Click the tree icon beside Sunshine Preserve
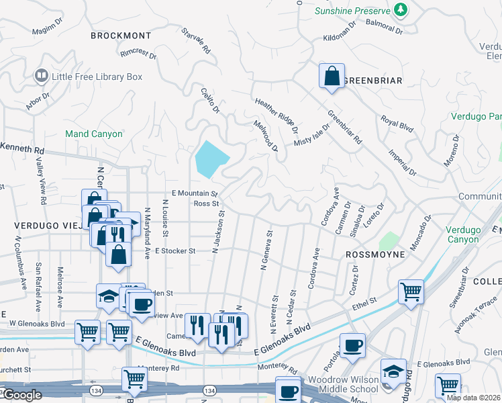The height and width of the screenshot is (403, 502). pyautogui.click(x=401, y=9)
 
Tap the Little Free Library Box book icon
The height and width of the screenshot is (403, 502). pyautogui.click(x=42, y=77)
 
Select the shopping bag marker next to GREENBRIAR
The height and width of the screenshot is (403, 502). pyautogui.click(x=332, y=77)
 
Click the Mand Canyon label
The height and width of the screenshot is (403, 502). pyautogui.click(x=94, y=134)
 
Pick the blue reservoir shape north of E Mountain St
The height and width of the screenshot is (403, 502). pyautogui.click(x=211, y=159)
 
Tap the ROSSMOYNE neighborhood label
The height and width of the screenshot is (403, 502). pyautogui.click(x=375, y=255)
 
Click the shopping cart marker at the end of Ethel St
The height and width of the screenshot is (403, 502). pyautogui.click(x=411, y=292)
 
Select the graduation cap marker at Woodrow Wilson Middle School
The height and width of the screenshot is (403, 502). pyautogui.click(x=393, y=371)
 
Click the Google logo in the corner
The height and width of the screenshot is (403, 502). pyautogui.click(x=21, y=395)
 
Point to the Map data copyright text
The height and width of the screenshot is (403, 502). pyautogui.click(x=473, y=398)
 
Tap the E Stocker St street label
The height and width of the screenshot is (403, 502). pyautogui.click(x=174, y=251)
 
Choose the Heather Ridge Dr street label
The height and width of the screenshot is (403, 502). pyautogui.click(x=276, y=111)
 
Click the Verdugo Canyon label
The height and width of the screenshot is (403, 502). pyautogui.click(x=463, y=234)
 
